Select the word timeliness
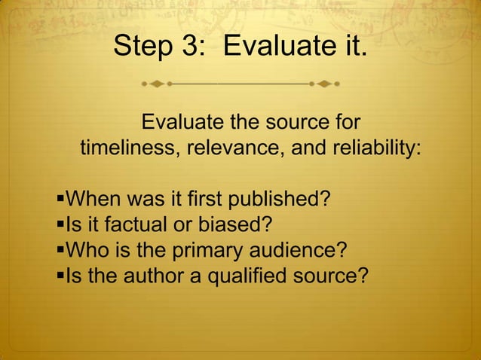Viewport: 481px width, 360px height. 125,148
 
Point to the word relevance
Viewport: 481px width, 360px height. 229,148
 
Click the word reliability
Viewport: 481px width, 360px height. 373,148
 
